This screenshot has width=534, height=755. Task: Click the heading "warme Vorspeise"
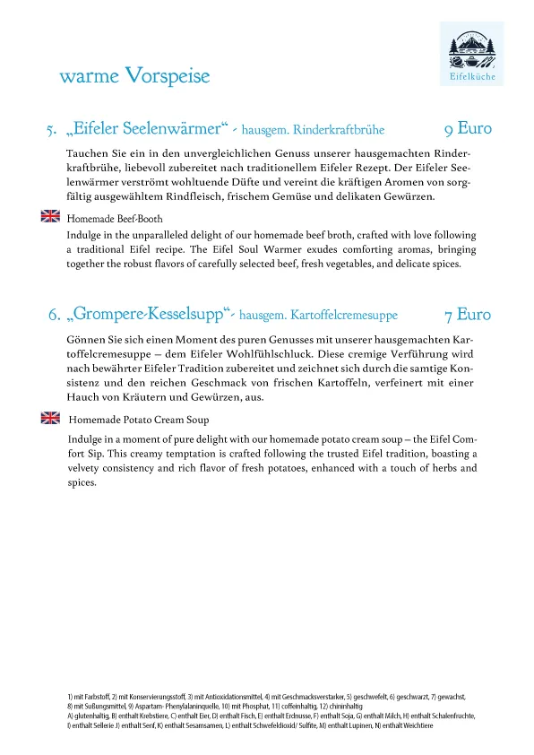pyautogui.click(x=134, y=76)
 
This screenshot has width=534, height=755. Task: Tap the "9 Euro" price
pyautogui.click(x=469, y=128)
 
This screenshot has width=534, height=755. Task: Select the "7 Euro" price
pyautogui.click(x=469, y=315)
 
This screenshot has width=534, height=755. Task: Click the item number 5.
pyautogui.click(x=52, y=131)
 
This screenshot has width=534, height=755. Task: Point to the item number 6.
pyautogui.click(x=54, y=316)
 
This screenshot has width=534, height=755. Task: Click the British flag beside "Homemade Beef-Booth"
pyautogui.click(x=50, y=216)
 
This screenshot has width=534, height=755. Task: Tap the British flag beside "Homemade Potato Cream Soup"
pyautogui.click(x=50, y=418)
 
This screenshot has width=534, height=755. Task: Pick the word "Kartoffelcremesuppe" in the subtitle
pyautogui.click(x=344, y=316)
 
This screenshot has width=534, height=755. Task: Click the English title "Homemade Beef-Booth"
pyautogui.click(x=115, y=218)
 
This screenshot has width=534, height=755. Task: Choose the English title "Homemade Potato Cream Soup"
pyautogui.click(x=139, y=420)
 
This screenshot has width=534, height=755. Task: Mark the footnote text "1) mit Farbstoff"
pyautogui.click(x=86, y=697)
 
